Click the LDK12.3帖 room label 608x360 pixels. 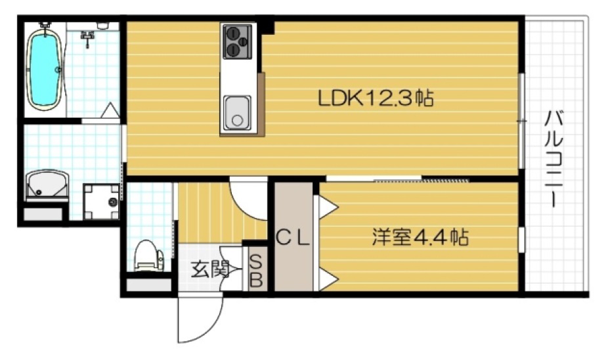(375, 99)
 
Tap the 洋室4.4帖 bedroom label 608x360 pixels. (420, 237)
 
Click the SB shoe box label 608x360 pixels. (257, 270)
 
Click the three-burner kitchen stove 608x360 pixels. (238, 41)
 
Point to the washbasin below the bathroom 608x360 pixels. (46, 186)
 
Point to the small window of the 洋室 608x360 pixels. (521, 238)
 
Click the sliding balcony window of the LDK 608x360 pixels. (521, 122)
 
